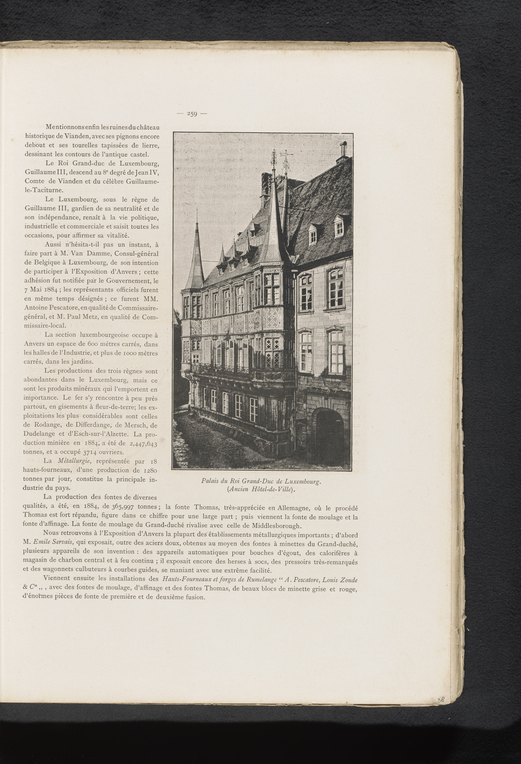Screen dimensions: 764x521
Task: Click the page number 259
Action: point(192,114)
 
